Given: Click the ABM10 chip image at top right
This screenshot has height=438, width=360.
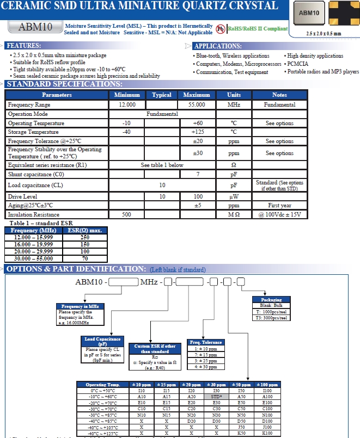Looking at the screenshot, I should [309, 13].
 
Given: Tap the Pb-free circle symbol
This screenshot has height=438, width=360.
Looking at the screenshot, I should [220, 28].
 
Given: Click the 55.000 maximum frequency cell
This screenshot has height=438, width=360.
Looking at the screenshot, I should [197, 104].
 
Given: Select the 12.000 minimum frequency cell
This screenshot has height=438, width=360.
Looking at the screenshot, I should [126, 104].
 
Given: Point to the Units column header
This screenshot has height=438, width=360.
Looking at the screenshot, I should [233, 95].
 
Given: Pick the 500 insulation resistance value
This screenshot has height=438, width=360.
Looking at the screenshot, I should [126, 215].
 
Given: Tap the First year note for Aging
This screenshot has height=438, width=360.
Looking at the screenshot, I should [279, 206].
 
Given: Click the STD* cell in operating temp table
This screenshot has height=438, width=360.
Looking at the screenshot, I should [217, 397].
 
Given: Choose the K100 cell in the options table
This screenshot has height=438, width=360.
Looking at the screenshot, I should [267, 433].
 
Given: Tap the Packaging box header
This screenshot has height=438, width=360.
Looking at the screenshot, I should [272, 300].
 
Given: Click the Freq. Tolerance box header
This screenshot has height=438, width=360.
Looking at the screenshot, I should [205, 342].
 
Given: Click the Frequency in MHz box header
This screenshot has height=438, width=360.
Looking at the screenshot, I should [80, 306].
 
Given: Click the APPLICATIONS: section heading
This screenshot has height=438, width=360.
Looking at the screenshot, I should [218, 46].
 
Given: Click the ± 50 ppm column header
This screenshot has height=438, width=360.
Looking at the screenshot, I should [241, 385].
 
